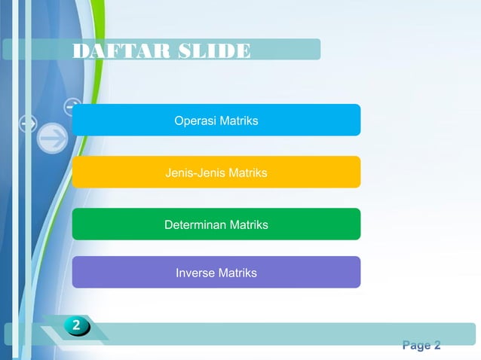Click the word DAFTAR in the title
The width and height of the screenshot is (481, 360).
110,51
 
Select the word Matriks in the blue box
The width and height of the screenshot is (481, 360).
238,121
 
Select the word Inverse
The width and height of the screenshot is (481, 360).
195,273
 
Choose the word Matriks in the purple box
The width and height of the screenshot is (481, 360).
237,273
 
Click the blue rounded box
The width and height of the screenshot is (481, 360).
317,121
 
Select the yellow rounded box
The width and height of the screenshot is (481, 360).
317,172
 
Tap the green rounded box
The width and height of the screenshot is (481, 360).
317,224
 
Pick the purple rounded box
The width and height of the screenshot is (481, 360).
317,273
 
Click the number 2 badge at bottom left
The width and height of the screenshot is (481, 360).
77,326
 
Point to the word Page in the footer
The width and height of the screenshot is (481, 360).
416,346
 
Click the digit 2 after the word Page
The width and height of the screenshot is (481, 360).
437,346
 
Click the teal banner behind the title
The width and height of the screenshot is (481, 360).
286,49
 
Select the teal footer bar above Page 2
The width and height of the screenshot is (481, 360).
286,333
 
